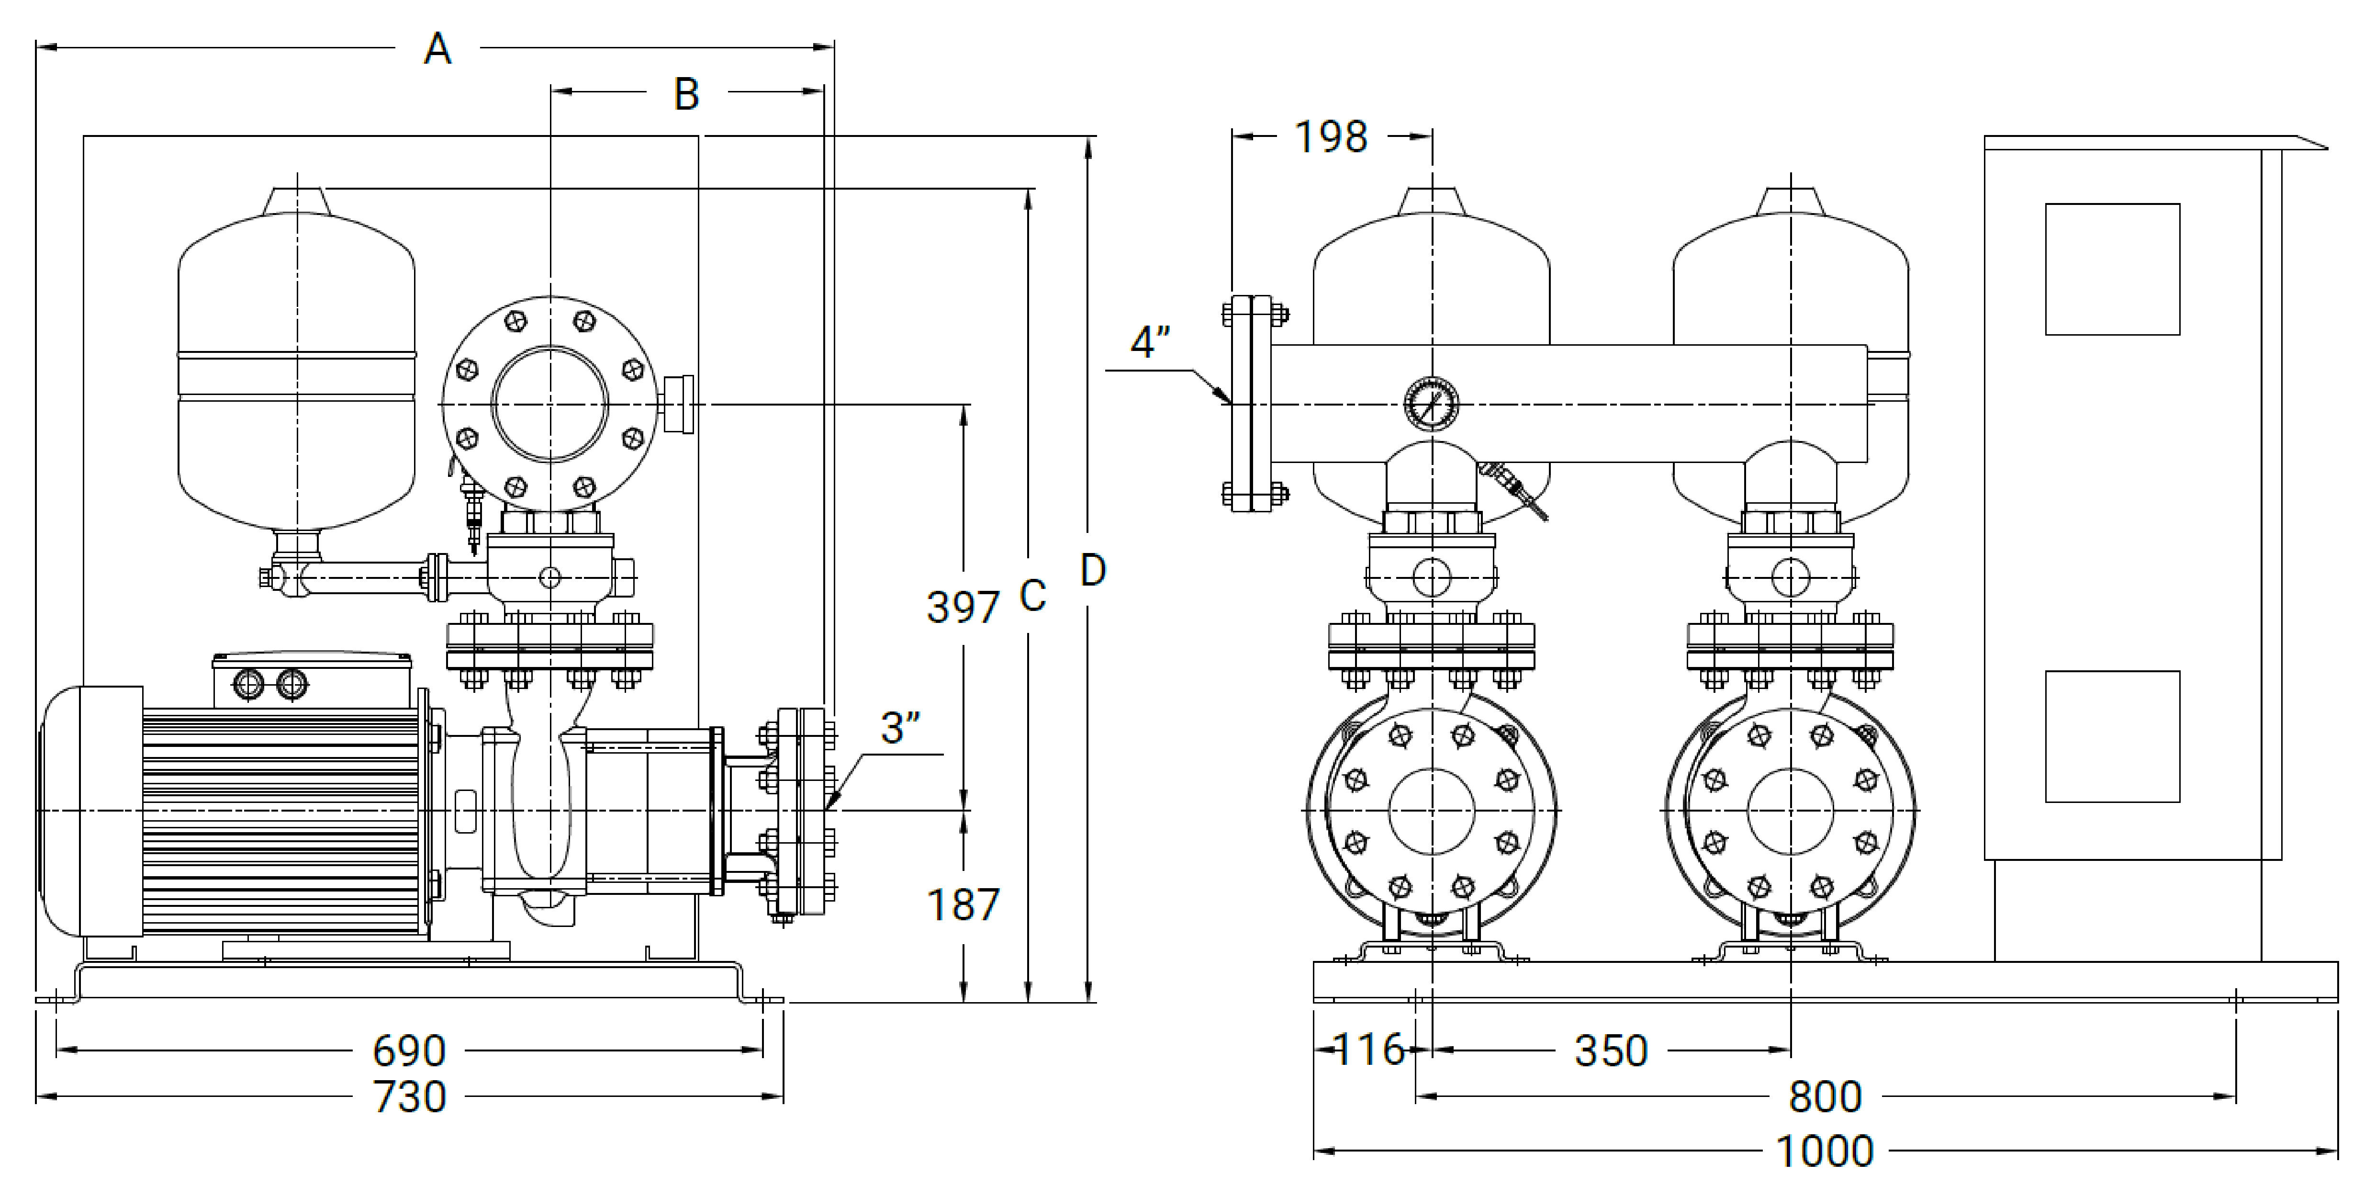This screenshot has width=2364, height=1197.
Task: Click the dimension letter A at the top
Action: tap(438, 49)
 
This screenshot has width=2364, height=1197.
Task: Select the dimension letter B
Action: tap(686, 94)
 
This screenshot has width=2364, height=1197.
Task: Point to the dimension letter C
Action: tap(1032, 597)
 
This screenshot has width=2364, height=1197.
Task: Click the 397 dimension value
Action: tap(963, 608)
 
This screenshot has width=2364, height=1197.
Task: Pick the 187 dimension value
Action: tap(963, 905)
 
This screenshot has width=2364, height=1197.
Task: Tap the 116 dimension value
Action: tap(1368, 1050)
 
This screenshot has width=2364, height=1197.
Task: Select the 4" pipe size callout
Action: tap(1150, 342)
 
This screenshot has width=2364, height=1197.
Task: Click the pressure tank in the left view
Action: tap(296, 367)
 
